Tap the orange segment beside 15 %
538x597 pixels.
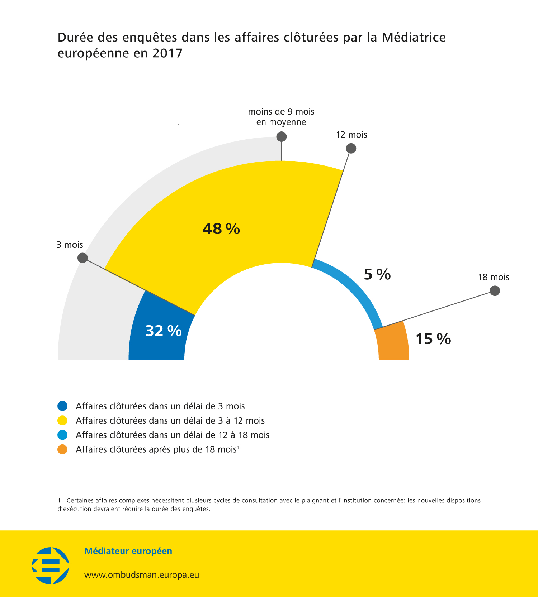tap(393, 342)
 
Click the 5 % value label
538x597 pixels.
tap(377, 274)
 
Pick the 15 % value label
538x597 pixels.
tap(433, 339)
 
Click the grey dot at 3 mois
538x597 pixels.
tap(82, 257)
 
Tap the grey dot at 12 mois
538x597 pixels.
tap(351, 148)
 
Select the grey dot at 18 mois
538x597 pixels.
tap(495, 290)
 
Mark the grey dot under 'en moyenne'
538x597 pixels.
tap(282, 136)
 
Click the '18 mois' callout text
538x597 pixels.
tap(494, 277)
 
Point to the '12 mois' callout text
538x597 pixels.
tap(351, 135)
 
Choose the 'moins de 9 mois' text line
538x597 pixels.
tap(281, 112)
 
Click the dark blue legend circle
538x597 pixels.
tap(62, 406)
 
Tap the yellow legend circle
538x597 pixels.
tap(62, 420)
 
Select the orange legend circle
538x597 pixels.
tap(62, 449)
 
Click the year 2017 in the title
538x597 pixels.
tap(167, 53)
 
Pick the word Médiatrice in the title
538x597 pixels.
tap(414, 37)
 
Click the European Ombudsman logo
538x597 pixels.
tap(51, 565)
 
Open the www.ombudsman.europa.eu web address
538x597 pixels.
tap(142, 575)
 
